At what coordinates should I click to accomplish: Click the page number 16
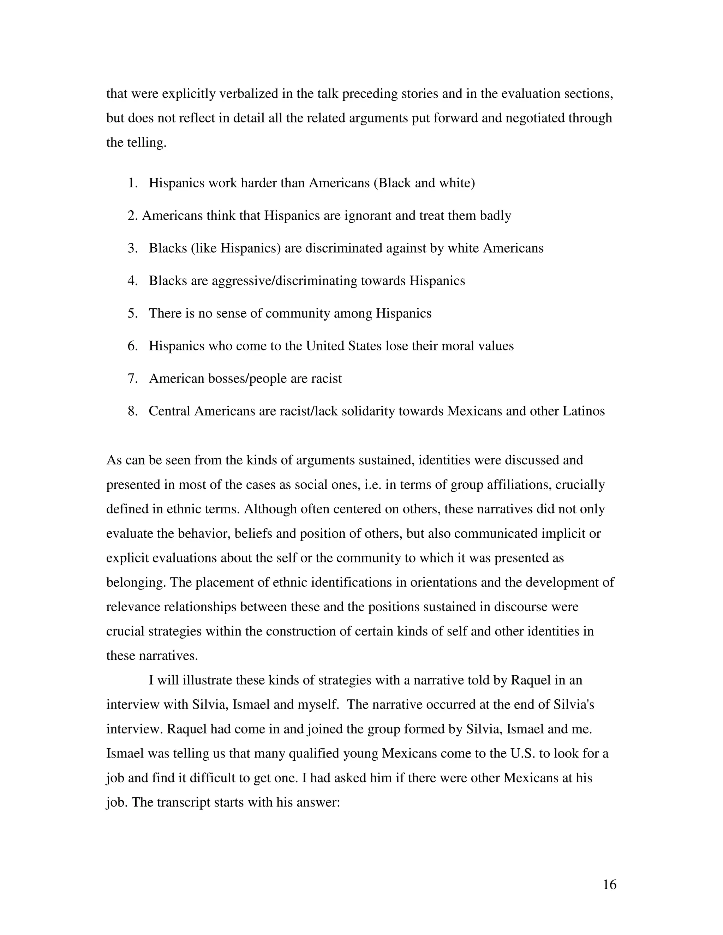pyautogui.click(x=609, y=885)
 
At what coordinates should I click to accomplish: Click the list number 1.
pyautogui.click(x=132, y=183)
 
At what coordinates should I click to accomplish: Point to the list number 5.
pyautogui.click(x=132, y=313)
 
